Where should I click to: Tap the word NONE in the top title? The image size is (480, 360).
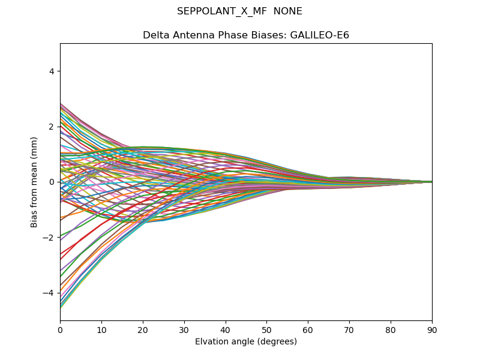[287, 11]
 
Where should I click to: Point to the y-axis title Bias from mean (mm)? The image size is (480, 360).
[35, 182]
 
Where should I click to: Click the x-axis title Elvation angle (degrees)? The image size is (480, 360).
[246, 342]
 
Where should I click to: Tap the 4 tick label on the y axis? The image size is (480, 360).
[52, 71]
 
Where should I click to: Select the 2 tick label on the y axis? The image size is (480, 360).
[52, 127]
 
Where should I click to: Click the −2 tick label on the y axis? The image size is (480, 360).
[49, 238]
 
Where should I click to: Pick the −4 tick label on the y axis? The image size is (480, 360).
[49, 293]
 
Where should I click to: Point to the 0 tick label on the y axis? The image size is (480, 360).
[52, 182]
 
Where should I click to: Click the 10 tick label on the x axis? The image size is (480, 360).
[101, 329]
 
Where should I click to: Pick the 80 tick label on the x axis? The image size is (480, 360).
[391, 329]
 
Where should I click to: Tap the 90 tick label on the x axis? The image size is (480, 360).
[432, 329]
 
